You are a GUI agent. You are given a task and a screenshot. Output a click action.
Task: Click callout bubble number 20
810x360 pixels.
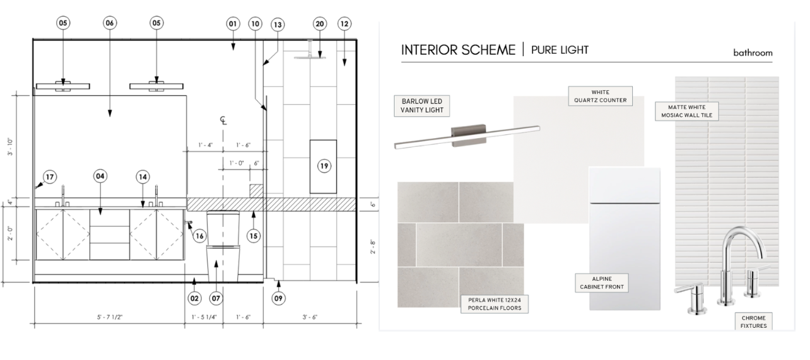[320, 24]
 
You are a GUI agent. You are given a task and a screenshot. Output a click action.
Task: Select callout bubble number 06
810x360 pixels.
[110, 23]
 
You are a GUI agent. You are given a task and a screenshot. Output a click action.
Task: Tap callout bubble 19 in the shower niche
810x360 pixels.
[324, 166]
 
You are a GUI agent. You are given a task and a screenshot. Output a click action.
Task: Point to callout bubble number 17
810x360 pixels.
[50, 177]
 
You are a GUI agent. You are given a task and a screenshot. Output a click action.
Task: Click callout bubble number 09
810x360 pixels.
[278, 298]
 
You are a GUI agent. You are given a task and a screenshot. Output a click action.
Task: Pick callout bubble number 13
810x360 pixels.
[278, 24]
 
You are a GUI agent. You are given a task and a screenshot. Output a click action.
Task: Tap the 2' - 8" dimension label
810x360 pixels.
[372, 247]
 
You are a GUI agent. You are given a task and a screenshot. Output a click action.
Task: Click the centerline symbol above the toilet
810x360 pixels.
[223, 120]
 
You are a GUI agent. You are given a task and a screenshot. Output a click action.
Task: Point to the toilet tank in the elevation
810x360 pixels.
[223, 228]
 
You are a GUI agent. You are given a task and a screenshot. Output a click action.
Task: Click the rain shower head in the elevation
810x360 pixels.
[309, 57]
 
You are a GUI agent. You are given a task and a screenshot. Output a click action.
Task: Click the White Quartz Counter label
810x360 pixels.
[600, 96]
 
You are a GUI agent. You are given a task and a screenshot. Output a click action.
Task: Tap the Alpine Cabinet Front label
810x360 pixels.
[602, 283]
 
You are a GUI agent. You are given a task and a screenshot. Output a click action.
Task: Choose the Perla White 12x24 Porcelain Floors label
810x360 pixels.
[494, 304]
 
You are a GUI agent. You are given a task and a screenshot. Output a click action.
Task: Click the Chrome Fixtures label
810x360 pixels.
[753, 322]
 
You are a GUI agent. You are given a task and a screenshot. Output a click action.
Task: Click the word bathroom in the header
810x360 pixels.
[753, 53]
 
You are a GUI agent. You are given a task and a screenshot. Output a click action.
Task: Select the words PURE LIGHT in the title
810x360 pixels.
[560, 50]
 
